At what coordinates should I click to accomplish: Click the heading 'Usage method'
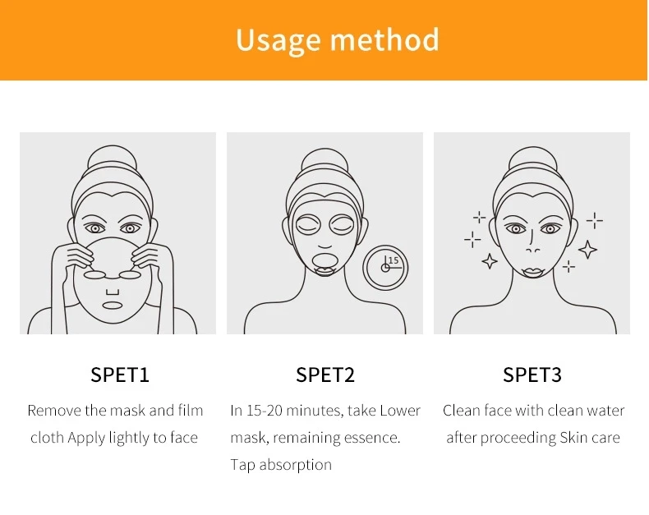(x=337, y=39)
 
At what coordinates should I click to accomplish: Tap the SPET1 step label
(x=120, y=375)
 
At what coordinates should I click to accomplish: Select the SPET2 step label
(x=325, y=375)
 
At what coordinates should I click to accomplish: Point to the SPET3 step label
(x=532, y=375)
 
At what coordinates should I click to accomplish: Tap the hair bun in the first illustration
(x=117, y=159)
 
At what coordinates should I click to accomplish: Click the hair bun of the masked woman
(x=324, y=160)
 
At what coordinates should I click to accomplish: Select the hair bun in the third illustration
(x=532, y=160)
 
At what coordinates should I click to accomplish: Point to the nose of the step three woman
(x=532, y=247)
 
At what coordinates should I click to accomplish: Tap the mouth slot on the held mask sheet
(x=113, y=306)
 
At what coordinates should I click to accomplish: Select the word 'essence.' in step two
(x=372, y=438)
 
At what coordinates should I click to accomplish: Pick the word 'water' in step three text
(x=605, y=411)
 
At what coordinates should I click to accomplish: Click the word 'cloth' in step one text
(x=47, y=438)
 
